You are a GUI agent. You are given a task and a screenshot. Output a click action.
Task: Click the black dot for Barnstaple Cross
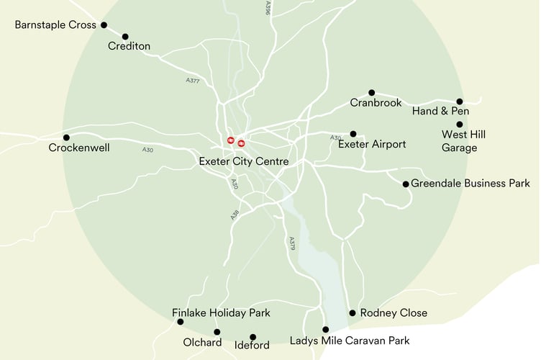(x=104, y=25)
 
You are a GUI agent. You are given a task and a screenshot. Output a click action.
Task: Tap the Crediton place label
(x=129, y=47)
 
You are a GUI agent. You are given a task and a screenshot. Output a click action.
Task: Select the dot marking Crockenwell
(x=66, y=138)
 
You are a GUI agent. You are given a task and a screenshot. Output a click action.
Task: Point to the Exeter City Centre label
(x=243, y=162)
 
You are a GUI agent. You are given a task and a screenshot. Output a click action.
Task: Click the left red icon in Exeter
(x=231, y=140)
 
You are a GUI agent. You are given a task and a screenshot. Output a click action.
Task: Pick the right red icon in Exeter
(x=241, y=143)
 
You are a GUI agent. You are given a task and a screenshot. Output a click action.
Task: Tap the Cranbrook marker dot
(x=372, y=93)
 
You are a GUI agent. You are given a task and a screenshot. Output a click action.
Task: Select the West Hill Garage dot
(x=460, y=125)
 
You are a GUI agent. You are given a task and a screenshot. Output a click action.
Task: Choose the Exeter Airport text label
(x=372, y=145)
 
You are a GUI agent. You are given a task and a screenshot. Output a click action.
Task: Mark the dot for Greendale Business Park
(x=406, y=184)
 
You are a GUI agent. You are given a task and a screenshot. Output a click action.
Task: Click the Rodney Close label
(x=394, y=313)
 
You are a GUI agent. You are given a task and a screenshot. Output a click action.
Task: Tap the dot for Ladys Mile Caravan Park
(x=325, y=330)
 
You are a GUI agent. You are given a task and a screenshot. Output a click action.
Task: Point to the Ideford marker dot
(x=253, y=337)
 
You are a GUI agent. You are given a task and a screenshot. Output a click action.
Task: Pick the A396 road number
(x=267, y=8)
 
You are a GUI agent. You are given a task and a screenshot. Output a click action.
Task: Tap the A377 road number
(x=192, y=80)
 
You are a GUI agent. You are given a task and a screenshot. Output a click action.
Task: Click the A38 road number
(x=235, y=214)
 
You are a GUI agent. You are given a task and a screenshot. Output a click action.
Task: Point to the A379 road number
(x=292, y=243)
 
